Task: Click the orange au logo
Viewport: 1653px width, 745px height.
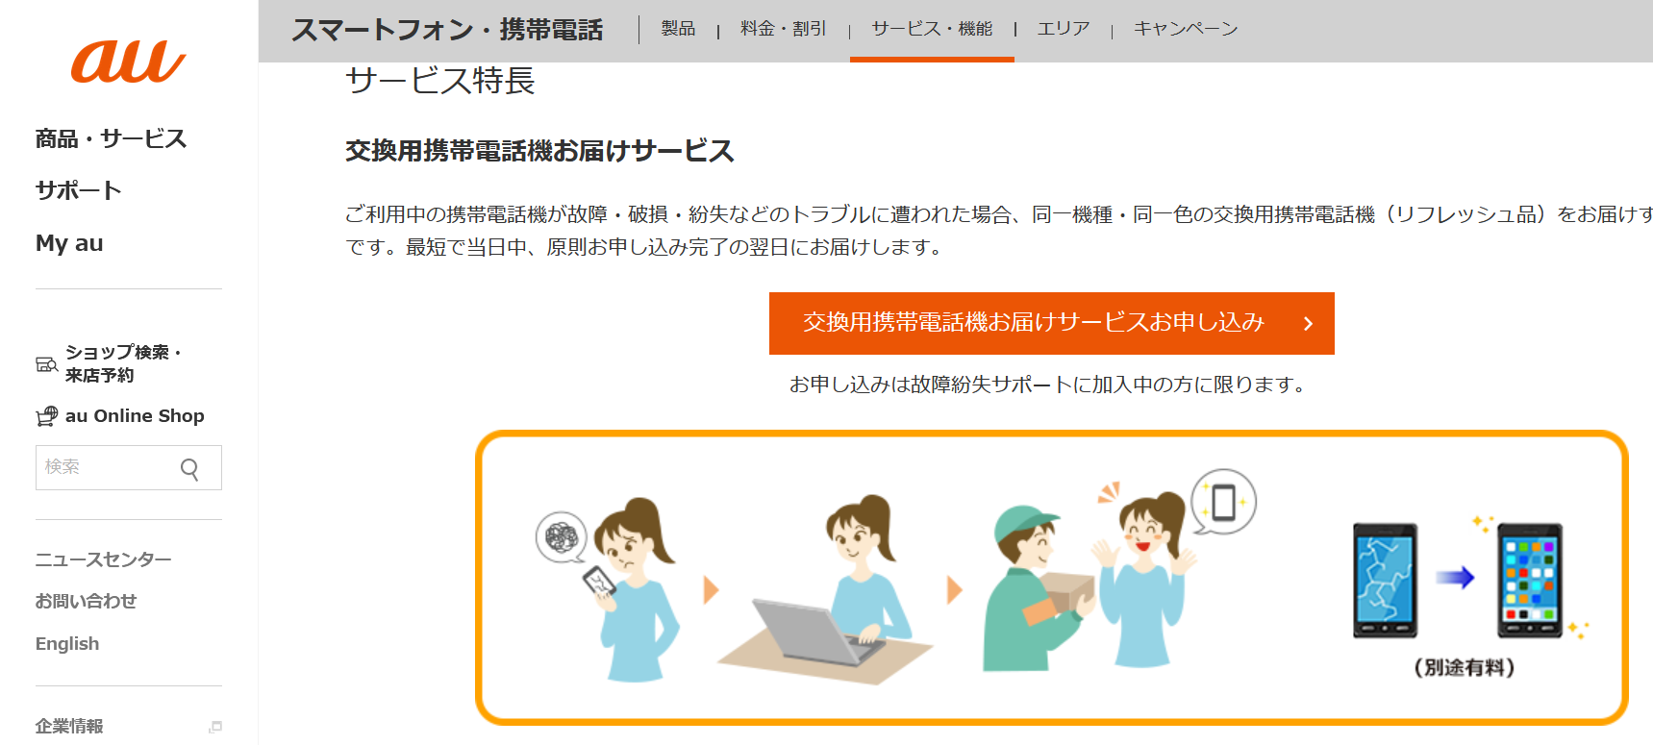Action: [128, 62]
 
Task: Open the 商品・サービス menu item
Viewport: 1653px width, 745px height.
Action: [111, 139]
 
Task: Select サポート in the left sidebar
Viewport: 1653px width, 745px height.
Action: [78, 190]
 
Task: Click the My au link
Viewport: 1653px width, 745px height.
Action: [69, 243]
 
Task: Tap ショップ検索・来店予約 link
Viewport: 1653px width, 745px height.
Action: [122, 363]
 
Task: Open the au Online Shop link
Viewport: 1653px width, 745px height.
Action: [135, 416]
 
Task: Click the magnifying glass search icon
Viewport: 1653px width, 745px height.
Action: [189, 468]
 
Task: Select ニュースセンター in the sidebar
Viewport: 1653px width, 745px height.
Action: [103, 559]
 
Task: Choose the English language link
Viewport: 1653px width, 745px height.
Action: [67, 644]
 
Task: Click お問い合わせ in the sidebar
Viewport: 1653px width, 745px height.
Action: [86, 601]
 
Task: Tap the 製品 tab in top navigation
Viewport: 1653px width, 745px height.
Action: [678, 29]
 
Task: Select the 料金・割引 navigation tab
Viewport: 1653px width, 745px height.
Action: [783, 29]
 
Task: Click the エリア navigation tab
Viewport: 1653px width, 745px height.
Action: [1063, 29]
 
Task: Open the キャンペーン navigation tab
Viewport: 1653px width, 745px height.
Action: [1185, 29]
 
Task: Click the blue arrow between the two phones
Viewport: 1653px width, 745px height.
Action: [1455, 578]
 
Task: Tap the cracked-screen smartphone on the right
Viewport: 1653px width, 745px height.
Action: [1385, 580]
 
